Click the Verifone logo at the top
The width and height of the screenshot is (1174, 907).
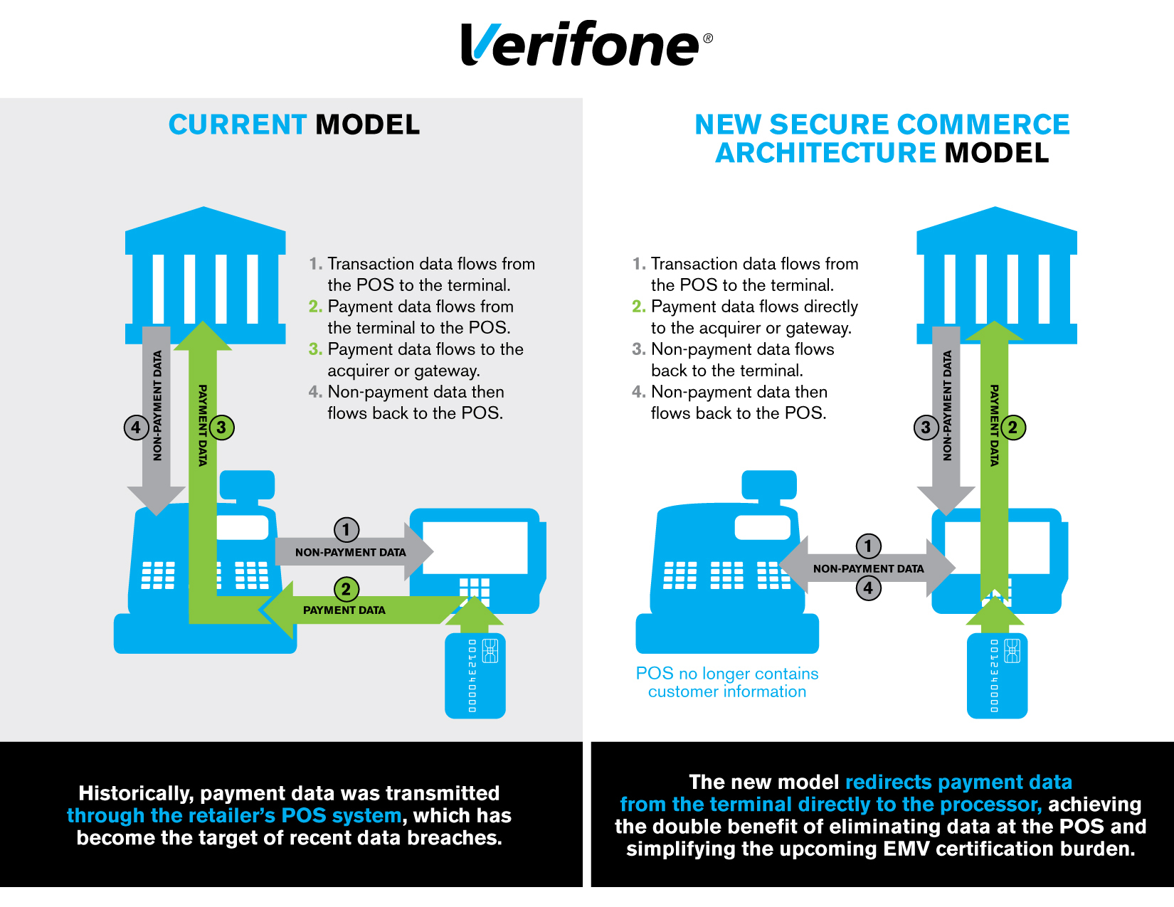tap(585, 44)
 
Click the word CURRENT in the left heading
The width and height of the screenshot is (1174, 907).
tap(237, 125)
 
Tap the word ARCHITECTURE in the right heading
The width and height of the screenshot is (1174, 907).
tap(825, 153)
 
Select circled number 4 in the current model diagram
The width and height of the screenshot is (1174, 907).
tap(136, 428)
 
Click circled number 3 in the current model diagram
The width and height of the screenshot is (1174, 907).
tap(221, 428)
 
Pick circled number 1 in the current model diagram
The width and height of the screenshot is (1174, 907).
tap(347, 529)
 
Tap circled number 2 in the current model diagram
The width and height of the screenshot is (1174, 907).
tap(347, 589)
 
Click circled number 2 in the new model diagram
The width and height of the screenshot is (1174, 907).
tap(1012, 428)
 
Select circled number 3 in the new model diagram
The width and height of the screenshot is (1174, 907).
tap(926, 428)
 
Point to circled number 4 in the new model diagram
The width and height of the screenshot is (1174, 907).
tap(868, 588)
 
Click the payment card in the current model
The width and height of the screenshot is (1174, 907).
tap(475, 676)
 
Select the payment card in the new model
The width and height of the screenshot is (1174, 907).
tap(997, 676)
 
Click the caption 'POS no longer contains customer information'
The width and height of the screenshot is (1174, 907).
tap(726, 682)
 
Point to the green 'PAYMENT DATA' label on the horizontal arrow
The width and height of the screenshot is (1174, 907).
tap(344, 610)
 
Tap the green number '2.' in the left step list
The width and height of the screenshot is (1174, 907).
tap(315, 307)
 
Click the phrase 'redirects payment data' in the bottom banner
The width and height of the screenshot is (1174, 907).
tap(958, 782)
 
